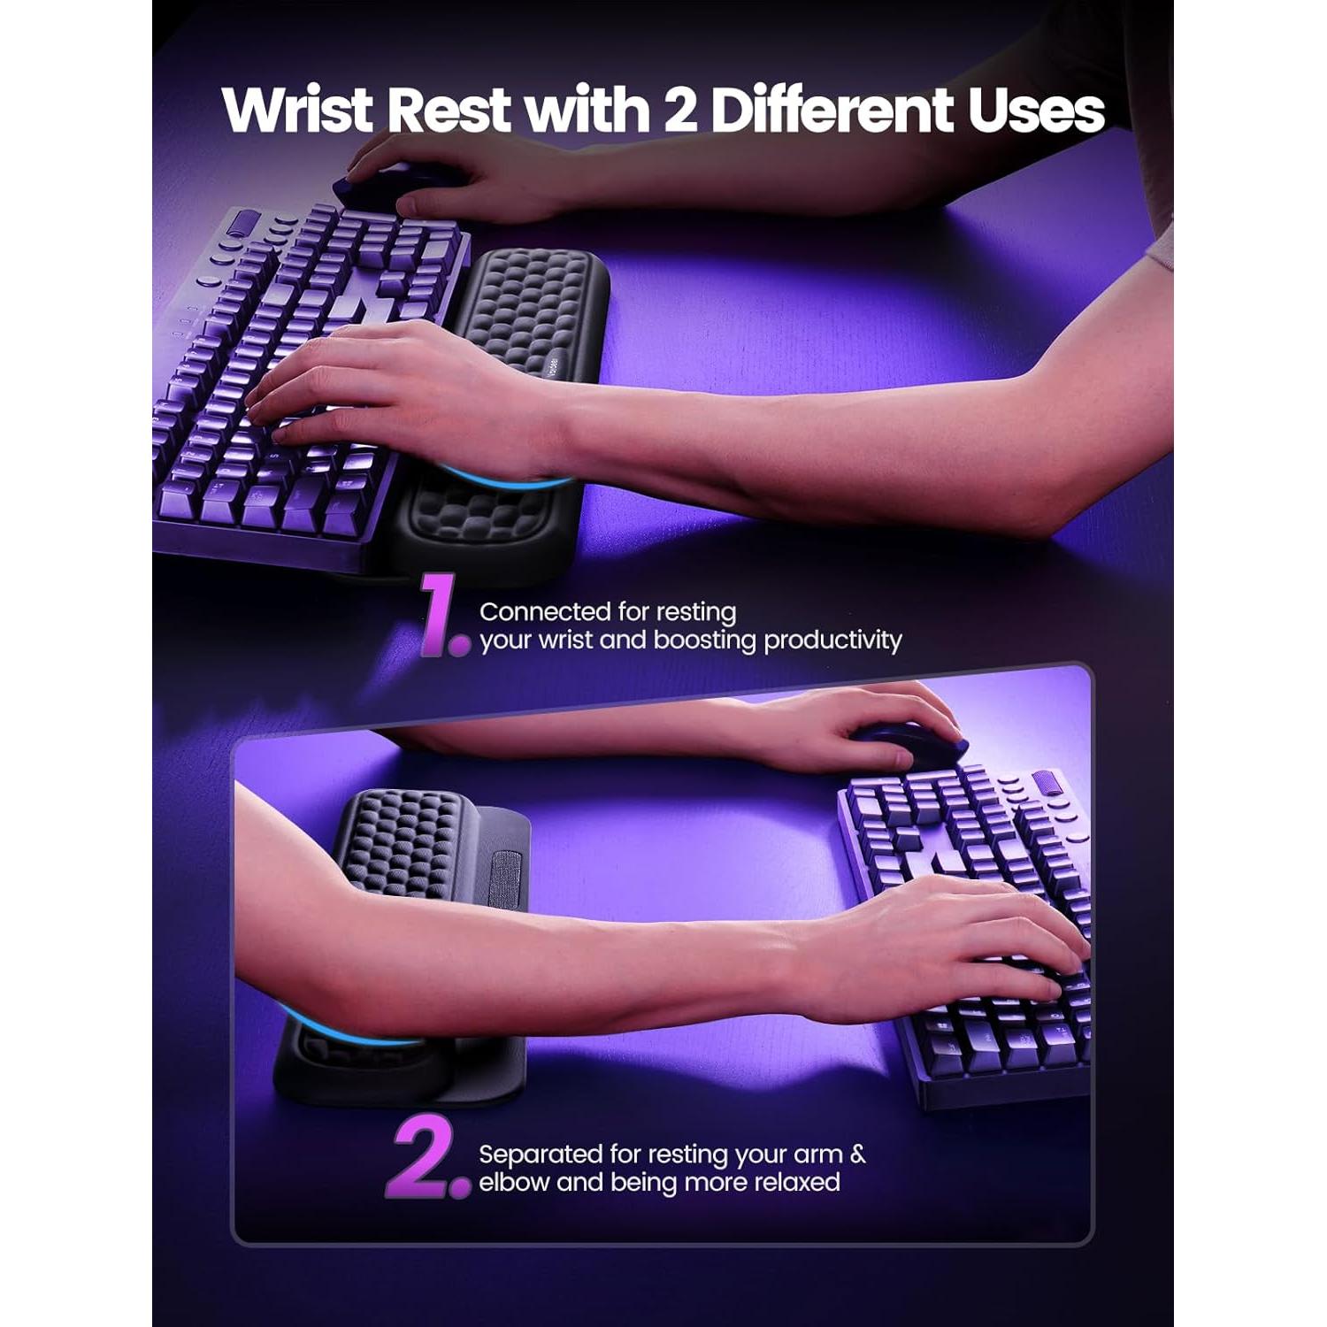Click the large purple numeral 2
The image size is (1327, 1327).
(x=425, y=1159)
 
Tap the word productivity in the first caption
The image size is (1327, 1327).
(x=832, y=640)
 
